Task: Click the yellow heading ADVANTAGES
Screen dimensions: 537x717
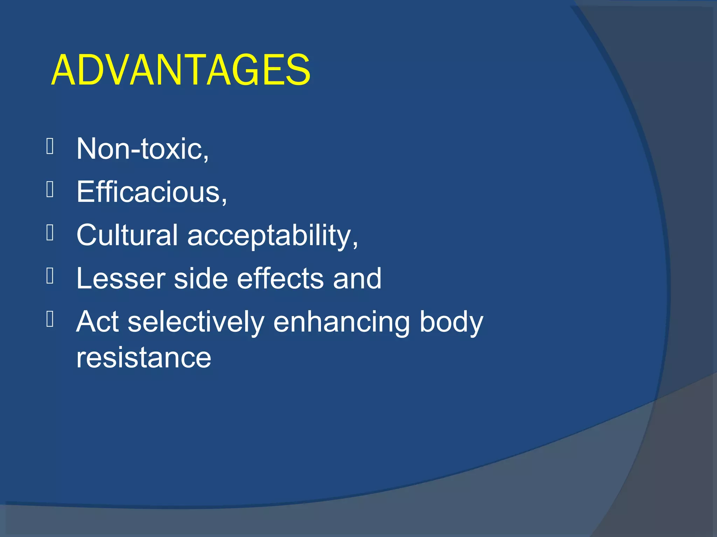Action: [181, 70]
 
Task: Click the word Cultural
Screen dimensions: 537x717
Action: [127, 235]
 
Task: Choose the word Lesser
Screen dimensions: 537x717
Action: [120, 279]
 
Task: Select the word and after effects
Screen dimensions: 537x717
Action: [357, 279]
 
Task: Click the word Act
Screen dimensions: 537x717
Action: [97, 322]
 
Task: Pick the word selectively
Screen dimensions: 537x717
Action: [196, 322]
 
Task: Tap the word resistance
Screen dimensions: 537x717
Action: [144, 358]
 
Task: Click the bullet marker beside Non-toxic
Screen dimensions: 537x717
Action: [50, 146]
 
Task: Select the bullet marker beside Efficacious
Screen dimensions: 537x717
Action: [50, 190]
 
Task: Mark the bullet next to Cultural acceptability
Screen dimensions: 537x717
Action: [50, 233]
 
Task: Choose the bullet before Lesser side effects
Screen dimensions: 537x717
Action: [50, 276]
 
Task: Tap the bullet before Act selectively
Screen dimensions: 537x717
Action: [50, 319]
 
